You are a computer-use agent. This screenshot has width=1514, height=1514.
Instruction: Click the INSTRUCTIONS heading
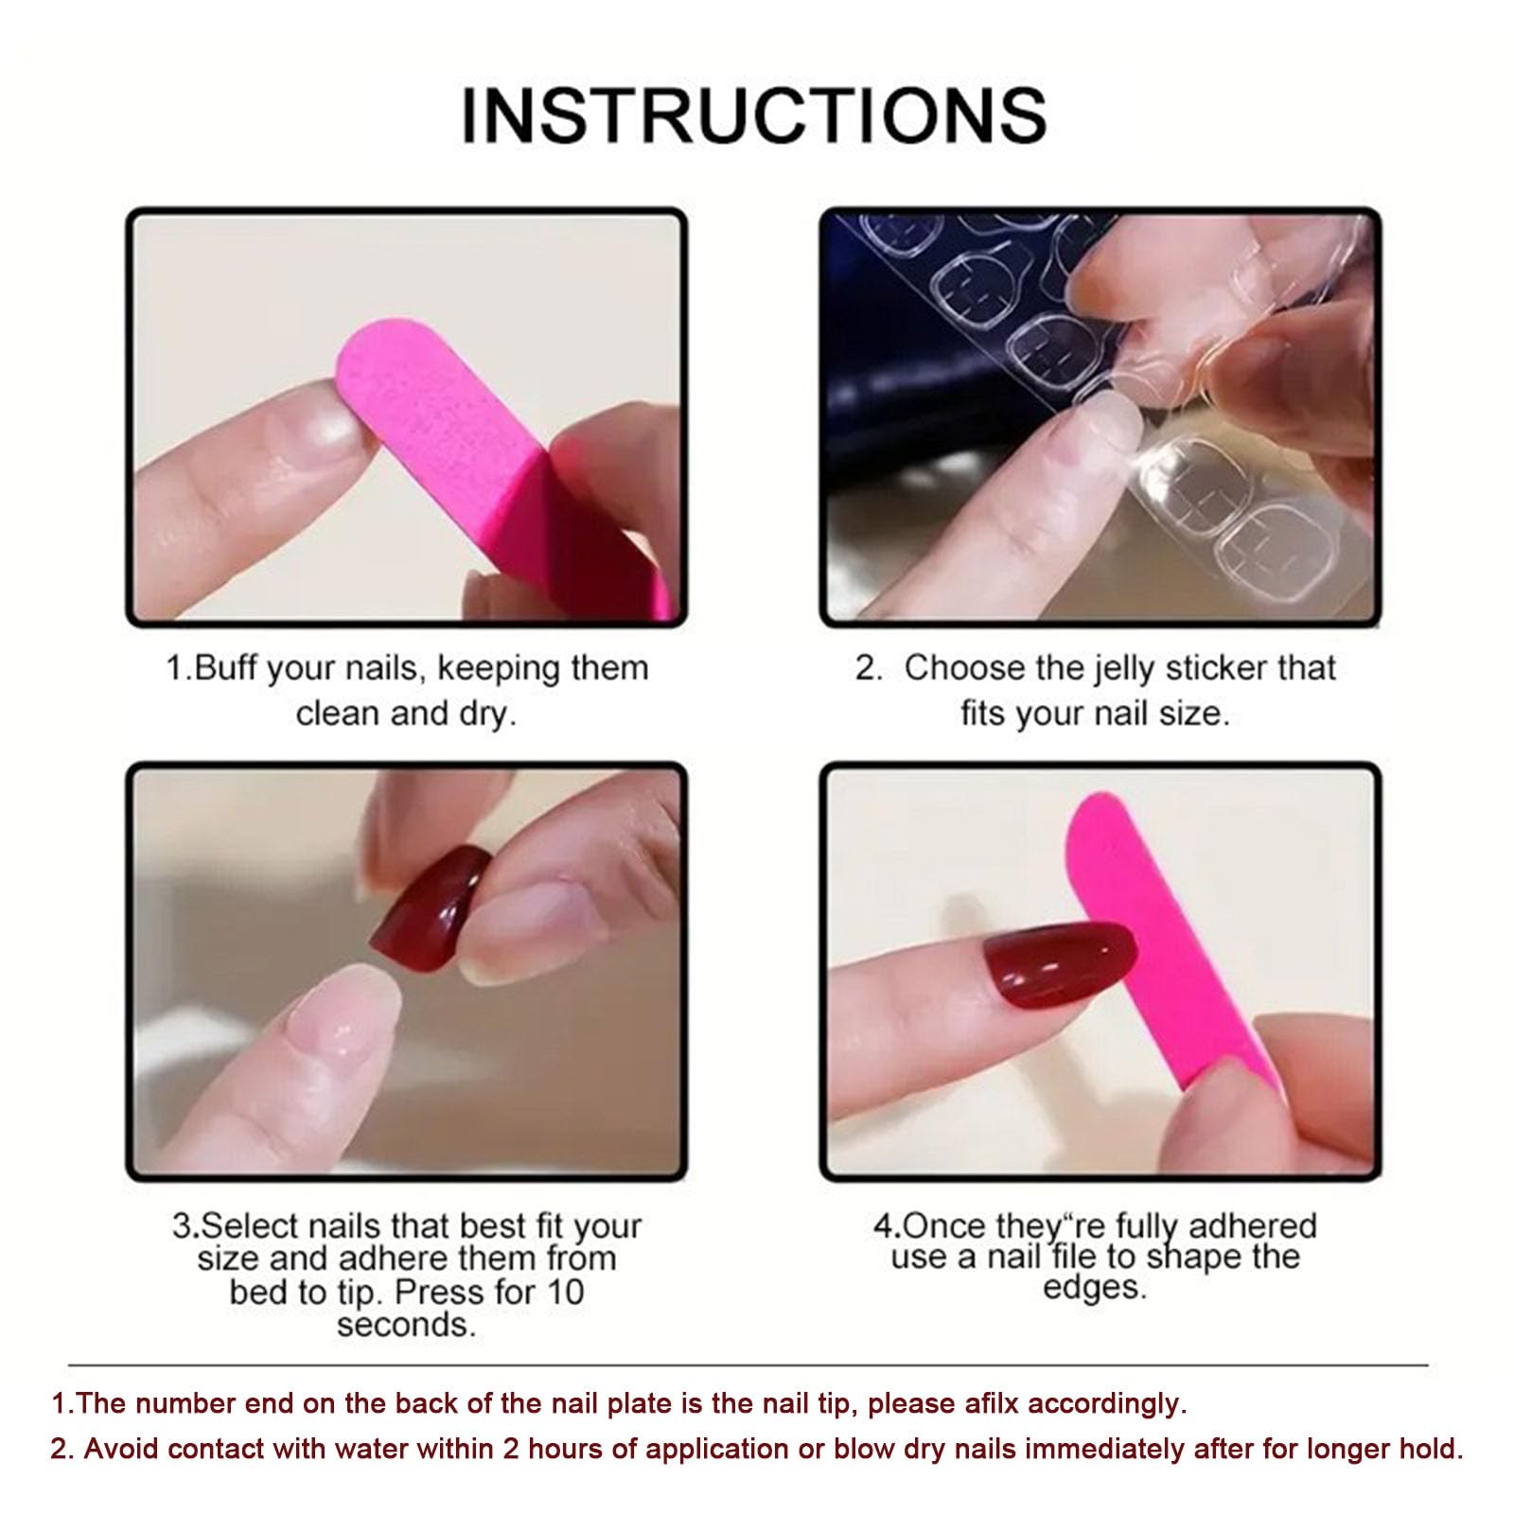click(753, 114)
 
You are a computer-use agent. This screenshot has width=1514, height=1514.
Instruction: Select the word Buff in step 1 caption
click(227, 668)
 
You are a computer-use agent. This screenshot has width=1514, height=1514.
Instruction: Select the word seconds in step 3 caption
click(406, 1325)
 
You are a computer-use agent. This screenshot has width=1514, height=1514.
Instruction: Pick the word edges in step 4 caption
click(1095, 1288)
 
